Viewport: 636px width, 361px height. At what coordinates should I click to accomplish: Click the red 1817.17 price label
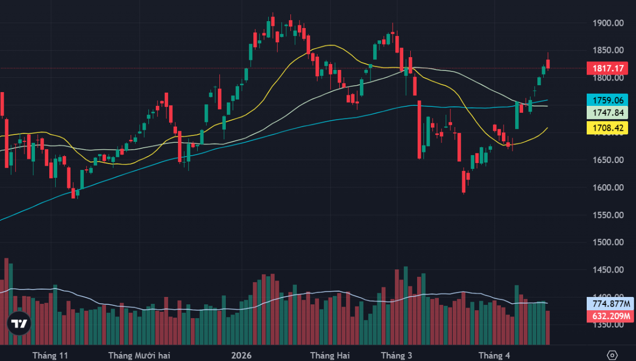(607, 68)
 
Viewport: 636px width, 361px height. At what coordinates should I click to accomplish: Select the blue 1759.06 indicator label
(607, 100)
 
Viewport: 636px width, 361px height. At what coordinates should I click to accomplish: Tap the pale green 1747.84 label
(607, 113)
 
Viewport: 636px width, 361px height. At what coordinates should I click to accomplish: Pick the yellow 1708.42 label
(607, 127)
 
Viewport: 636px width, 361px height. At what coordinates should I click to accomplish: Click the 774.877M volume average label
(607, 304)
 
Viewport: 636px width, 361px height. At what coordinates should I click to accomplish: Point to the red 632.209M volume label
(607, 317)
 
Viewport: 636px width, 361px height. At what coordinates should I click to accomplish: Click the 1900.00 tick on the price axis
(607, 23)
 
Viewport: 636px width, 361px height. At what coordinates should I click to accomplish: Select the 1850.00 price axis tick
(607, 50)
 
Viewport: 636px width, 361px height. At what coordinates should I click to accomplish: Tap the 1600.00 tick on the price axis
(607, 187)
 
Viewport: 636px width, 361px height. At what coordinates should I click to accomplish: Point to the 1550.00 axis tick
(607, 215)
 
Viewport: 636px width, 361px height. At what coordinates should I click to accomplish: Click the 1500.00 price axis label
(607, 242)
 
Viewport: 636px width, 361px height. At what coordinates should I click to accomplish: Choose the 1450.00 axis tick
(607, 270)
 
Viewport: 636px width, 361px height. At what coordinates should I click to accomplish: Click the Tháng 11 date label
(50, 355)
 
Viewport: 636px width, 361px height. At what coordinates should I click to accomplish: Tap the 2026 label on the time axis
(241, 355)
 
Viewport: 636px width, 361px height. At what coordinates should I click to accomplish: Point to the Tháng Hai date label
(330, 355)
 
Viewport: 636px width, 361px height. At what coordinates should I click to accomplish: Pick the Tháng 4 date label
(494, 355)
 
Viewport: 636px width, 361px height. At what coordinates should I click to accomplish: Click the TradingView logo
(20, 324)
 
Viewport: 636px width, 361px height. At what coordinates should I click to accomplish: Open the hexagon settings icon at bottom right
(612, 355)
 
